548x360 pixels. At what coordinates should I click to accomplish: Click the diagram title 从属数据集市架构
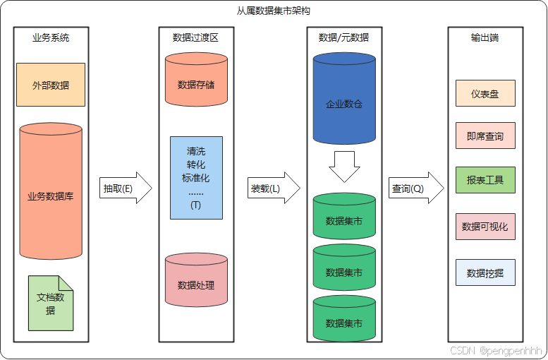[274, 11]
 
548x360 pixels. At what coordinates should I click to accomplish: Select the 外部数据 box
[51, 85]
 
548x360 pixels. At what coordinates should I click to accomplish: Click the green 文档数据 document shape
[51, 304]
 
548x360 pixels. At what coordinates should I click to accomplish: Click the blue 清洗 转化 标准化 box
[196, 178]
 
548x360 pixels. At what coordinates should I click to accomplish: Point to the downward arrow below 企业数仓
[344, 167]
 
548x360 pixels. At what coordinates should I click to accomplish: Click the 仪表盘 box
[485, 92]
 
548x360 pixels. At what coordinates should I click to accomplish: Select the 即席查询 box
[485, 136]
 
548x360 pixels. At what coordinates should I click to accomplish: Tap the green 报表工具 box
[485, 180]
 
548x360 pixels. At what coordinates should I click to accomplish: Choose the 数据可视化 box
[485, 227]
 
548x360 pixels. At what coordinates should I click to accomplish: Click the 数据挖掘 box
[485, 272]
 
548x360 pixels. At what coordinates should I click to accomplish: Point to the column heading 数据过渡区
[195, 37]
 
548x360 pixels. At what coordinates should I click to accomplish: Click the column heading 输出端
[485, 37]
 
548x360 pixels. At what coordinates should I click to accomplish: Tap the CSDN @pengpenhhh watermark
[496, 349]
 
